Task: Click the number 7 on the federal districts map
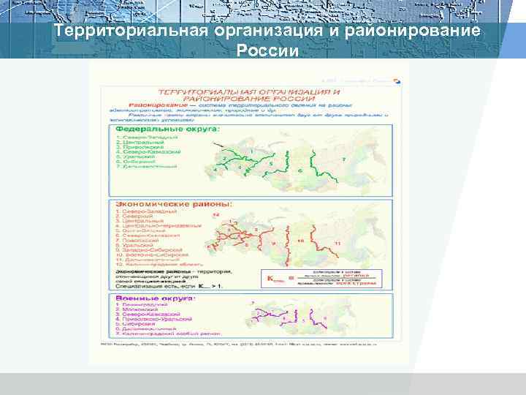click(x=343, y=159)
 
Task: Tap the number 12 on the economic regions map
click(x=216, y=216)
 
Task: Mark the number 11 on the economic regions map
click(x=337, y=242)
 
